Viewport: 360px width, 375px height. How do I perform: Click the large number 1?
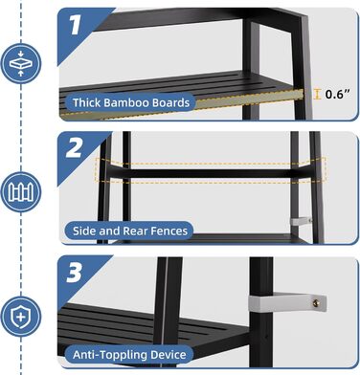pos(75,26)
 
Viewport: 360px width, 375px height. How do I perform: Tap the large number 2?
pos(74,148)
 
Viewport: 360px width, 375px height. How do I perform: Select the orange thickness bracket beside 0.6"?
pos(317,94)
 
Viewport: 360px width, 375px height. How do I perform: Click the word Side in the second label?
pos(84,231)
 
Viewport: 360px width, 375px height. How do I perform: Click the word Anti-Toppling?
pos(110,355)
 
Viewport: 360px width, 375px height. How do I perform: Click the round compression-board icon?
pos(21,63)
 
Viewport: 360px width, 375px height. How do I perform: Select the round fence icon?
pos(21,191)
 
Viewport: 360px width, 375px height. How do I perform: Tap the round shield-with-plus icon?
pos(21,317)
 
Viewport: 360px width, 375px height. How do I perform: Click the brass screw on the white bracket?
pos(316,303)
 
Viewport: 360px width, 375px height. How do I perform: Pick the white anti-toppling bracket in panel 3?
pos(287,301)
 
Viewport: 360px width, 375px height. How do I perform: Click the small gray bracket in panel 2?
pos(301,221)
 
